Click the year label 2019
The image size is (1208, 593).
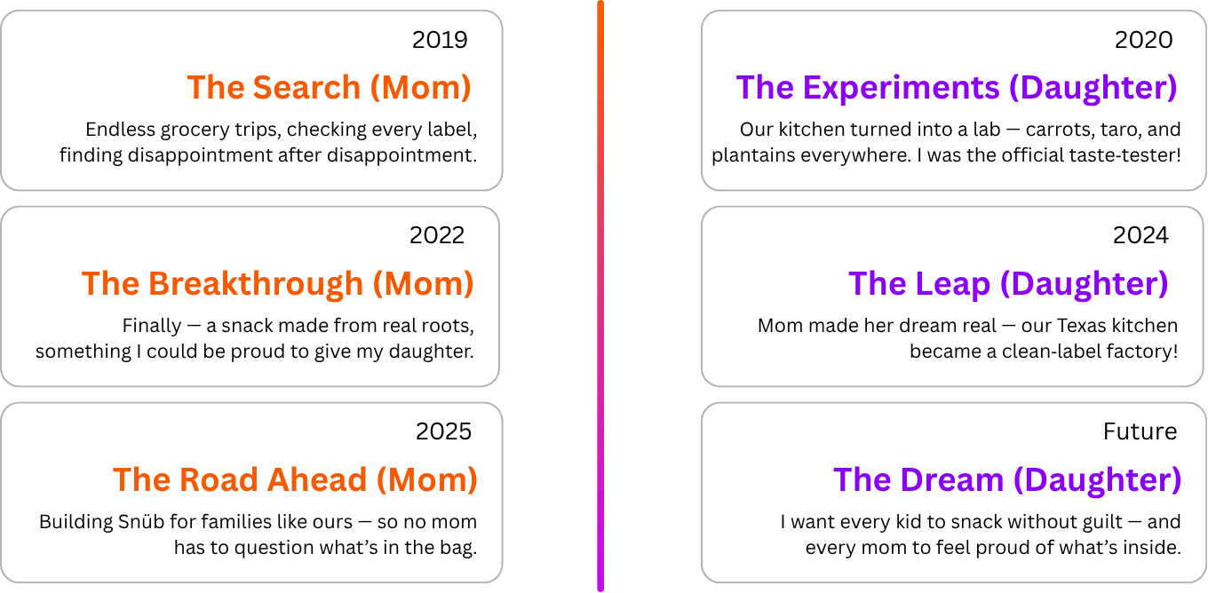[440, 40]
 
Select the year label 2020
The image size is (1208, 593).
[1143, 40]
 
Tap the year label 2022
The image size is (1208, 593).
[437, 235]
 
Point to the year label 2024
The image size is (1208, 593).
[1140, 235]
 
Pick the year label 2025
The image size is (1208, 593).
[443, 431]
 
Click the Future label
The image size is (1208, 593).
[1140, 431]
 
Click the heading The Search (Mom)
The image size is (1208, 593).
[329, 88]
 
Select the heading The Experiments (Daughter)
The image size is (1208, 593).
[956, 88]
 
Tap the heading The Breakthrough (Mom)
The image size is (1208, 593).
[277, 284]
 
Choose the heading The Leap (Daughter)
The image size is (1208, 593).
[1008, 284]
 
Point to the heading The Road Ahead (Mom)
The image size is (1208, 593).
[295, 480]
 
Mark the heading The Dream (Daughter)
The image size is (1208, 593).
[1007, 480]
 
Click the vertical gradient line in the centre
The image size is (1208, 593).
[600, 296]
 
